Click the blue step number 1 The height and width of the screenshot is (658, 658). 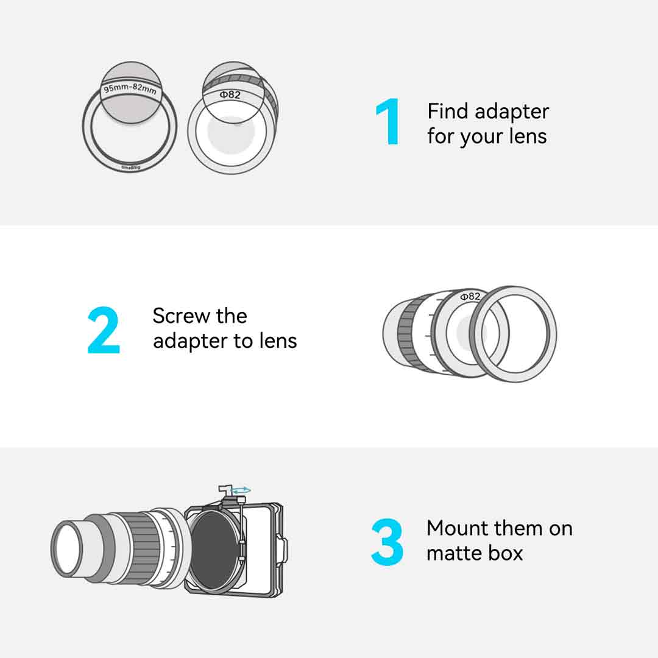coord(387,122)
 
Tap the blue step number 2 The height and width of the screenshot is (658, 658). coord(104,330)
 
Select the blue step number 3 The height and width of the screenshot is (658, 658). coord(387,542)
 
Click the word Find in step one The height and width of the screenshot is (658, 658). coord(447,111)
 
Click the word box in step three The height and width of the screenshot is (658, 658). coord(505,553)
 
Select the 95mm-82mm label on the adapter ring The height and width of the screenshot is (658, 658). coord(130,88)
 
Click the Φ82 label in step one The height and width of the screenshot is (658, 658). coord(230,95)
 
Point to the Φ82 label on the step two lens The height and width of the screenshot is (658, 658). coord(470,297)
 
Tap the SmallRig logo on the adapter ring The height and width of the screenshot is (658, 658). coord(131,168)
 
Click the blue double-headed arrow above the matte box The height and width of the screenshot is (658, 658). coord(242,490)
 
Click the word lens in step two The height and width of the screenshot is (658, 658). coord(278,341)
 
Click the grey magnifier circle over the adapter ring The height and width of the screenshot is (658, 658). coord(132,93)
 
